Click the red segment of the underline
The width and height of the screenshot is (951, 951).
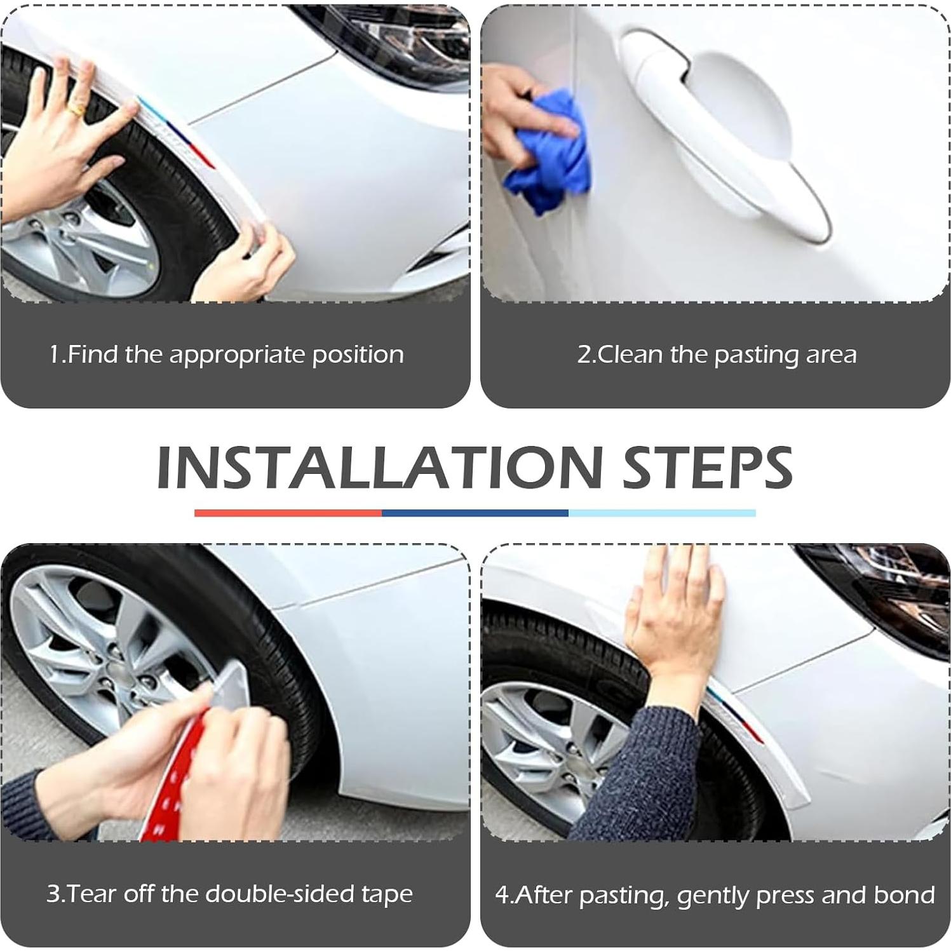pyautogui.click(x=288, y=513)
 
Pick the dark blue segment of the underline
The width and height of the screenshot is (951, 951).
pyautogui.click(x=475, y=513)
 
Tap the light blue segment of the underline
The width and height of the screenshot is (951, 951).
pyautogui.click(x=662, y=513)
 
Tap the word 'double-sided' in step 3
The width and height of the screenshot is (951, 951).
pyautogui.click(x=278, y=894)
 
